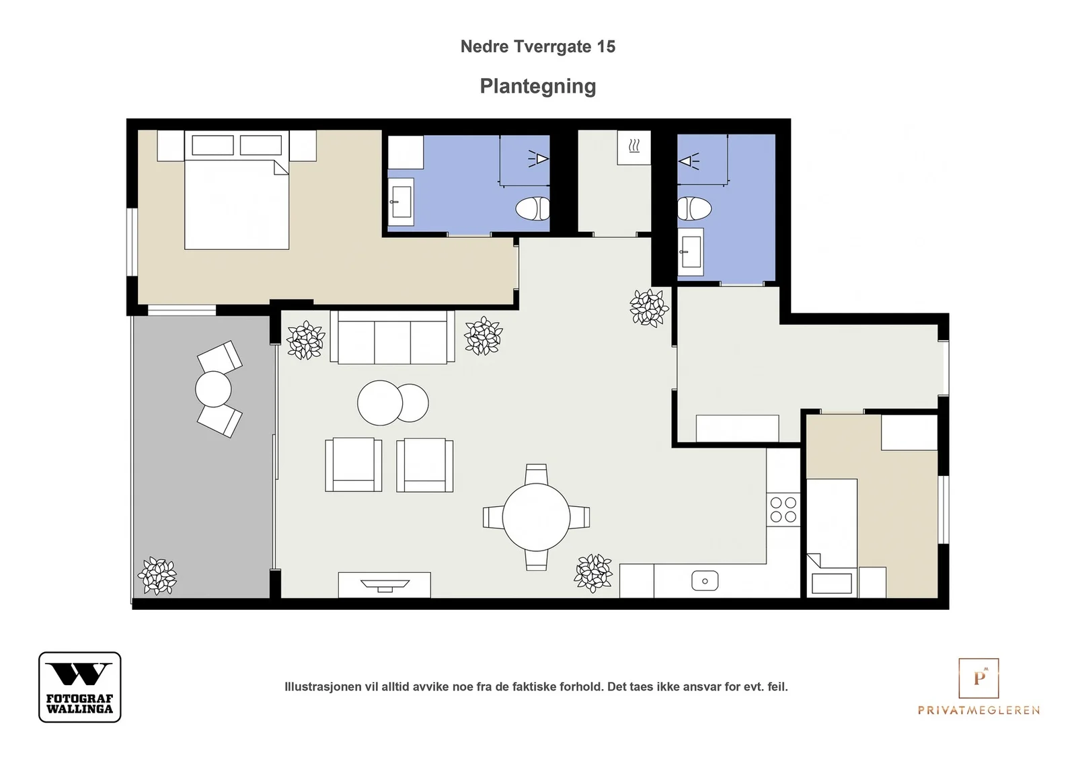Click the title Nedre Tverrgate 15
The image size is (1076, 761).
[537, 46]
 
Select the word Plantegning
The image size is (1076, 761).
[537, 87]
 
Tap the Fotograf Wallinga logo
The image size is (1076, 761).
[80, 686]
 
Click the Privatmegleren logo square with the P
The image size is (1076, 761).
[978, 678]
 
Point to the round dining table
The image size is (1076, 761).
[536, 517]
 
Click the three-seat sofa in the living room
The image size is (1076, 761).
[392, 337]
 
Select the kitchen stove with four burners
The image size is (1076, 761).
[783, 510]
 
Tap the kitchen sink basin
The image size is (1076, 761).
[705, 580]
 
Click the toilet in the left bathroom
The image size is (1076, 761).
[532, 209]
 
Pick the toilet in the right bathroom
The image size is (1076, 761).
[695, 208]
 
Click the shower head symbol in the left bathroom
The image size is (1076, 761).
[539, 159]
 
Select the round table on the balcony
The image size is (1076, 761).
[213, 389]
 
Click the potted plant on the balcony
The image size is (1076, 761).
[157, 575]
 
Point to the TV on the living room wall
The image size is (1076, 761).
[385, 584]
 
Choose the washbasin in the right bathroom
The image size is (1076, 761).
[690, 252]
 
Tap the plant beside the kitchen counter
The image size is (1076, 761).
[593, 573]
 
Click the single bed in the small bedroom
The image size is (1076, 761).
[831, 538]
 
